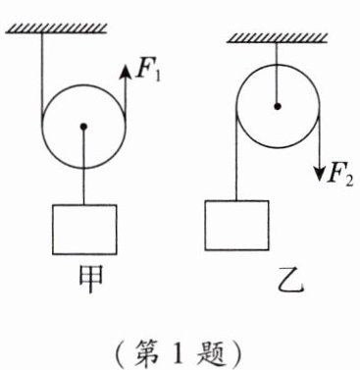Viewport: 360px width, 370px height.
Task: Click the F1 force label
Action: coord(146,72)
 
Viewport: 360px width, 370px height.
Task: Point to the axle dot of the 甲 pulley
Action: coord(83,125)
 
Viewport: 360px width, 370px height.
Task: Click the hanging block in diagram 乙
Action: coord(236,225)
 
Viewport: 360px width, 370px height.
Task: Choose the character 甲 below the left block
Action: coord(85,277)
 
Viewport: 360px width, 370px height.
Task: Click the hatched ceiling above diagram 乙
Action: coord(276,39)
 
